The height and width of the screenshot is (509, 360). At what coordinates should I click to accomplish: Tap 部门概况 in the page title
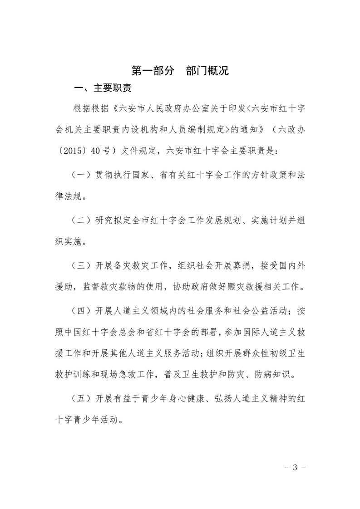(x=207, y=71)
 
